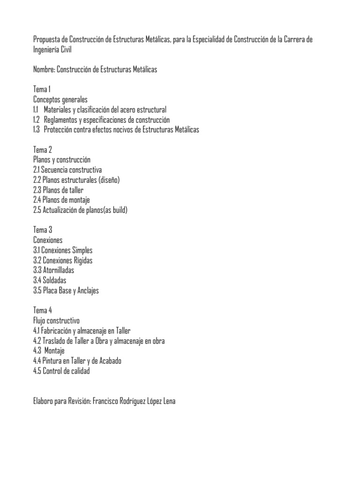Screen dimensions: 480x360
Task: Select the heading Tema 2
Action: tap(43, 150)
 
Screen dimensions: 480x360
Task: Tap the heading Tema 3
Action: tap(43, 230)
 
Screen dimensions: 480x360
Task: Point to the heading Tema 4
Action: tap(43, 310)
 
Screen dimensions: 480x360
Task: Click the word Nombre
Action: tap(44, 69)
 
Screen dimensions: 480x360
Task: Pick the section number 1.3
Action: tap(37, 129)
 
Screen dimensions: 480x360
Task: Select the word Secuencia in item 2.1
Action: tap(58, 170)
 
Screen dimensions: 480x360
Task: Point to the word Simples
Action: tap(82, 250)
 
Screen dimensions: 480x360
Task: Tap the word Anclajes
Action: tap(87, 291)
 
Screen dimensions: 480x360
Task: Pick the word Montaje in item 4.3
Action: tap(55, 351)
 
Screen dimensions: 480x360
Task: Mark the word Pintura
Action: tap(54, 361)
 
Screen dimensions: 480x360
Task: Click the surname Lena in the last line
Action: tap(168, 401)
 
